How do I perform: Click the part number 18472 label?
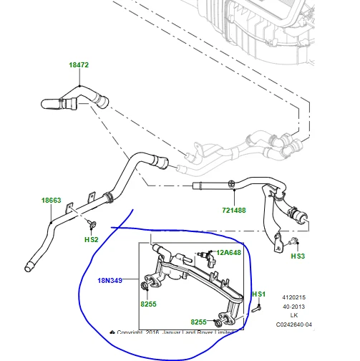point(78,65)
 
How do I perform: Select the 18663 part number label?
point(52,201)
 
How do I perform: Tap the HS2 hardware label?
point(92,239)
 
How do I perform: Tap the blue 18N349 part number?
point(111,280)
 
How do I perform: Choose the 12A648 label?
point(229,253)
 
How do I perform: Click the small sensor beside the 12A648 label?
point(206,254)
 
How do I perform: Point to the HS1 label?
point(258,294)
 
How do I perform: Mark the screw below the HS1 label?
point(255,310)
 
